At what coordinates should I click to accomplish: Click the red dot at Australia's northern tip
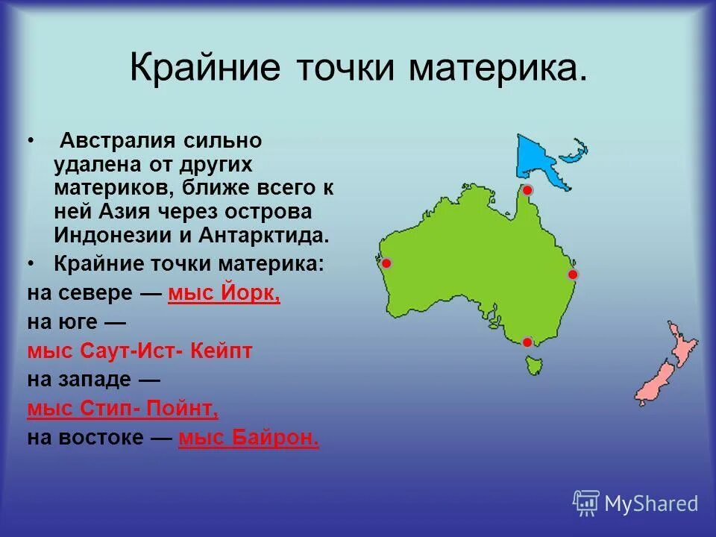tap(527, 190)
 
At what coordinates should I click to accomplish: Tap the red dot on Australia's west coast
tap(386, 263)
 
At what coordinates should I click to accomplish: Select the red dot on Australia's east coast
tap(573, 274)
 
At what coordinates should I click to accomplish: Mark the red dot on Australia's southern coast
tap(527, 342)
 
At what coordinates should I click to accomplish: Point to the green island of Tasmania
tap(533, 365)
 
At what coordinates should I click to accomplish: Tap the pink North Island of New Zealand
tap(682, 344)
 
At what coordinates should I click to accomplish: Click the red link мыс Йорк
tap(224, 293)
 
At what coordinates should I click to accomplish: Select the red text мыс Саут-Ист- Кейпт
tap(139, 351)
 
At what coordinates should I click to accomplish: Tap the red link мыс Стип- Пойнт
tap(123, 409)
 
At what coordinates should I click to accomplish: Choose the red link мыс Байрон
tap(248, 438)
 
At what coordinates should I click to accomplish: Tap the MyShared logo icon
tap(586, 503)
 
